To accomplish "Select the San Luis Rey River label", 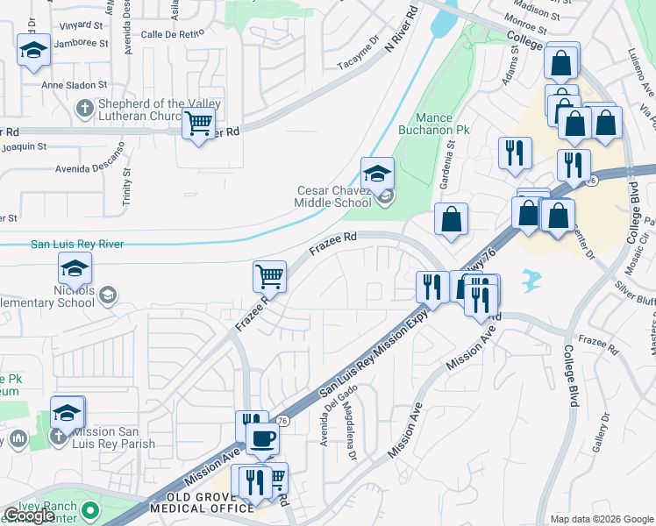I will (x=77, y=245).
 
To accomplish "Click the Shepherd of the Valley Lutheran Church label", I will (x=160, y=110).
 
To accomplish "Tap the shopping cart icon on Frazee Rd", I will (x=270, y=276).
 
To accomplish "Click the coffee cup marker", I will (x=262, y=438).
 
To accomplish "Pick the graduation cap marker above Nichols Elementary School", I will (x=75, y=268).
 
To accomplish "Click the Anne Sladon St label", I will (x=75, y=86).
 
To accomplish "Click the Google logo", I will (x=30, y=515).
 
